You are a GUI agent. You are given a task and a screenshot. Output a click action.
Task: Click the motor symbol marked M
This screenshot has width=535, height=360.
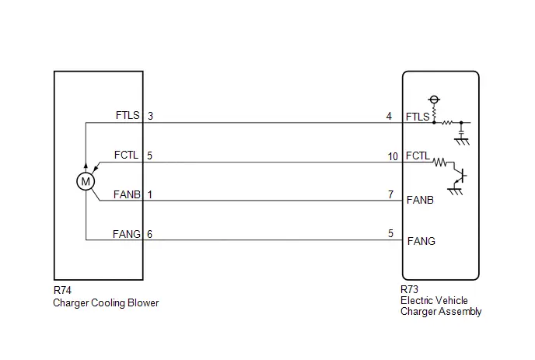(86, 181)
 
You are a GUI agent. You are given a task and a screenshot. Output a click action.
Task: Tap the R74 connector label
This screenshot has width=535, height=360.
(62, 290)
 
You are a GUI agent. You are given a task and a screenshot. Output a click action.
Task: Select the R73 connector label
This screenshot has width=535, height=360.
(409, 289)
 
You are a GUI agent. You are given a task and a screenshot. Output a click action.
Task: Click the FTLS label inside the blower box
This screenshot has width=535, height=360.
(128, 115)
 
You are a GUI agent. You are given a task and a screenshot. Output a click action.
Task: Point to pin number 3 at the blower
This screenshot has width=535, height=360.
(150, 116)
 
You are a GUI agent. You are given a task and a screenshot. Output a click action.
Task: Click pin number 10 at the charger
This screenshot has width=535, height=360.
(393, 156)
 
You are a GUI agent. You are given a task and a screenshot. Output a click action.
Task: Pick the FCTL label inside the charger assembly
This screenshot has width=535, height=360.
(418, 156)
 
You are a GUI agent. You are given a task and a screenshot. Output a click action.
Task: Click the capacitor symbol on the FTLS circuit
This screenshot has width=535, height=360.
(461, 131)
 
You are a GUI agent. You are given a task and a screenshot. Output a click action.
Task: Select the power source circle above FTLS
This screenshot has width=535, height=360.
(434, 100)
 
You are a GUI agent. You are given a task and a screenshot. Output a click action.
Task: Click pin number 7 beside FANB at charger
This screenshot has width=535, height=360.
(390, 194)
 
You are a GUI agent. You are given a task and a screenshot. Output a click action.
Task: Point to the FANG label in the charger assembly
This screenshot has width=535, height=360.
(421, 241)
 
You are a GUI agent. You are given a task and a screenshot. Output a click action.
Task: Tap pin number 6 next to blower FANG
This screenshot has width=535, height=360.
(149, 234)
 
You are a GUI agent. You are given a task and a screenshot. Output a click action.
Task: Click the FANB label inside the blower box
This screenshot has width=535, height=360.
(127, 194)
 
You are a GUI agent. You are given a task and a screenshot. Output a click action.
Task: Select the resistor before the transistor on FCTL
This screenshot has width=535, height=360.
(440, 162)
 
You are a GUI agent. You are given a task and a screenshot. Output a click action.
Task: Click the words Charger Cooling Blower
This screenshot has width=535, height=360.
(106, 303)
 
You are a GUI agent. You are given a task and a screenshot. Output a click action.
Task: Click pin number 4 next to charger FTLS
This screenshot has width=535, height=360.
(389, 117)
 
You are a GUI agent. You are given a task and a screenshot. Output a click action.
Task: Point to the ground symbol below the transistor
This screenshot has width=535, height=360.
(455, 191)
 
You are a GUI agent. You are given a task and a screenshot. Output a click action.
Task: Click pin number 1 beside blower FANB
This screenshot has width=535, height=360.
(150, 194)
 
